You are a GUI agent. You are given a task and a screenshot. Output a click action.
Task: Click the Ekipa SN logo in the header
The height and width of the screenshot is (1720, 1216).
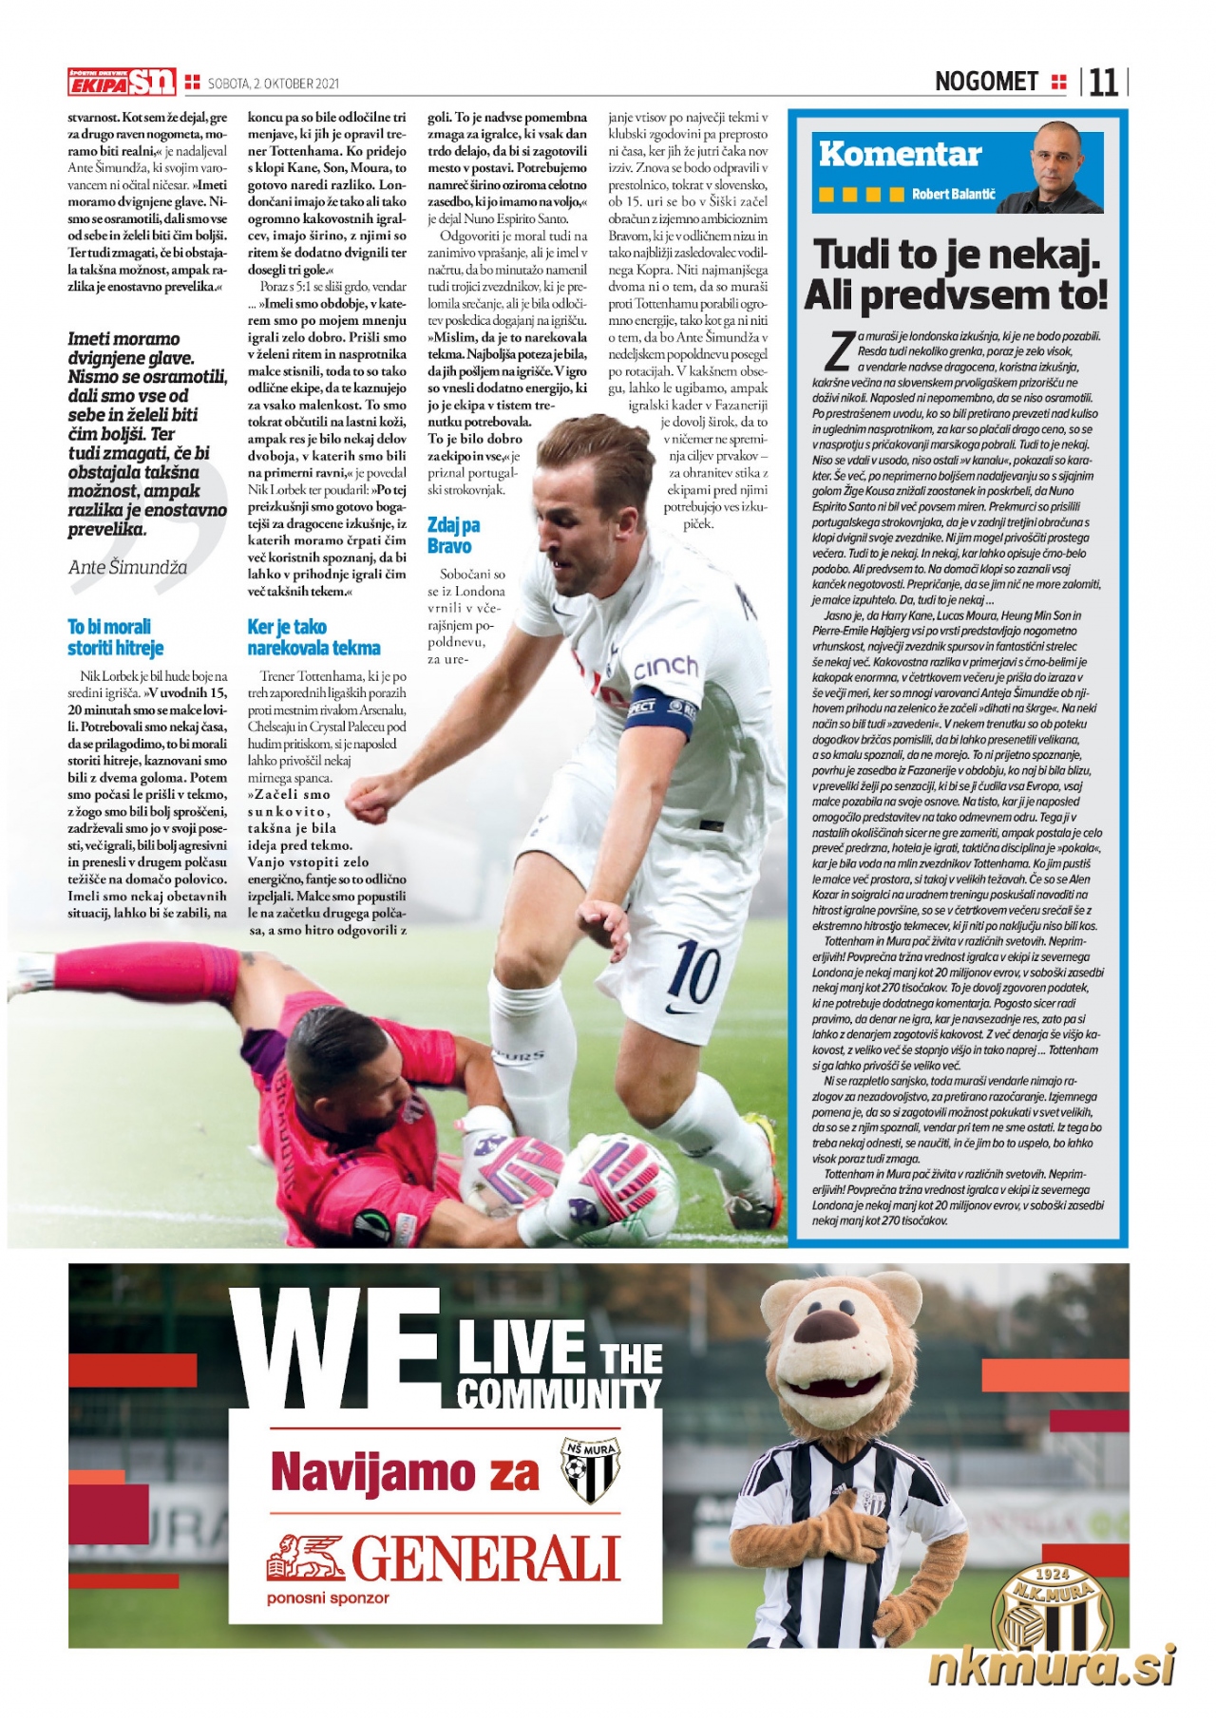(x=122, y=83)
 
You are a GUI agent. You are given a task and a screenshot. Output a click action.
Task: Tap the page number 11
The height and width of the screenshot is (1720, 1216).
(x=1104, y=84)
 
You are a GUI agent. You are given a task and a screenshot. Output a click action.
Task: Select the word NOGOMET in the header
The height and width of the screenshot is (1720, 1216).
(x=986, y=83)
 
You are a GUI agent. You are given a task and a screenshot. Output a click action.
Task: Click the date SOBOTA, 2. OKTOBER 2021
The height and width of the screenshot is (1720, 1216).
(x=274, y=84)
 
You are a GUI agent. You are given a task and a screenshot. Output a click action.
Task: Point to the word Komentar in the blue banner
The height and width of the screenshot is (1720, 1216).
(x=899, y=154)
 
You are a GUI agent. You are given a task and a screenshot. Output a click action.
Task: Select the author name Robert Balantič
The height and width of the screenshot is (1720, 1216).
(x=953, y=195)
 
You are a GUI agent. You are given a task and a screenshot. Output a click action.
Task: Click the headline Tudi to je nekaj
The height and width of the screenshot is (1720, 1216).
(x=957, y=255)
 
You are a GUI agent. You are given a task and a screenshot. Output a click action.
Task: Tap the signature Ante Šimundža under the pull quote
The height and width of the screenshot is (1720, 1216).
(x=127, y=567)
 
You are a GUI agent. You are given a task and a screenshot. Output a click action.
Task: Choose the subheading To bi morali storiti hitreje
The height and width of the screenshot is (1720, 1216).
(x=115, y=637)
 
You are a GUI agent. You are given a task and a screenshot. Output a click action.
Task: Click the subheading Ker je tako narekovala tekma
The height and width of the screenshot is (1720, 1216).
(x=313, y=637)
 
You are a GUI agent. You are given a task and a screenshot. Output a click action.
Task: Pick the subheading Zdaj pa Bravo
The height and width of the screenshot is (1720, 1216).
(x=453, y=536)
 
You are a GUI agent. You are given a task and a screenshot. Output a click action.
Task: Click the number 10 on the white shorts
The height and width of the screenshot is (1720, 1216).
(x=695, y=972)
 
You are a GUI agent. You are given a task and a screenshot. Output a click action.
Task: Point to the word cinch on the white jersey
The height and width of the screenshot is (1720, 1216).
(x=666, y=667)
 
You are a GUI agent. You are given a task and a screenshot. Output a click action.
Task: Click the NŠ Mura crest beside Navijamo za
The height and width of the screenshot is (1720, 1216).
(x=589, y=1471)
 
